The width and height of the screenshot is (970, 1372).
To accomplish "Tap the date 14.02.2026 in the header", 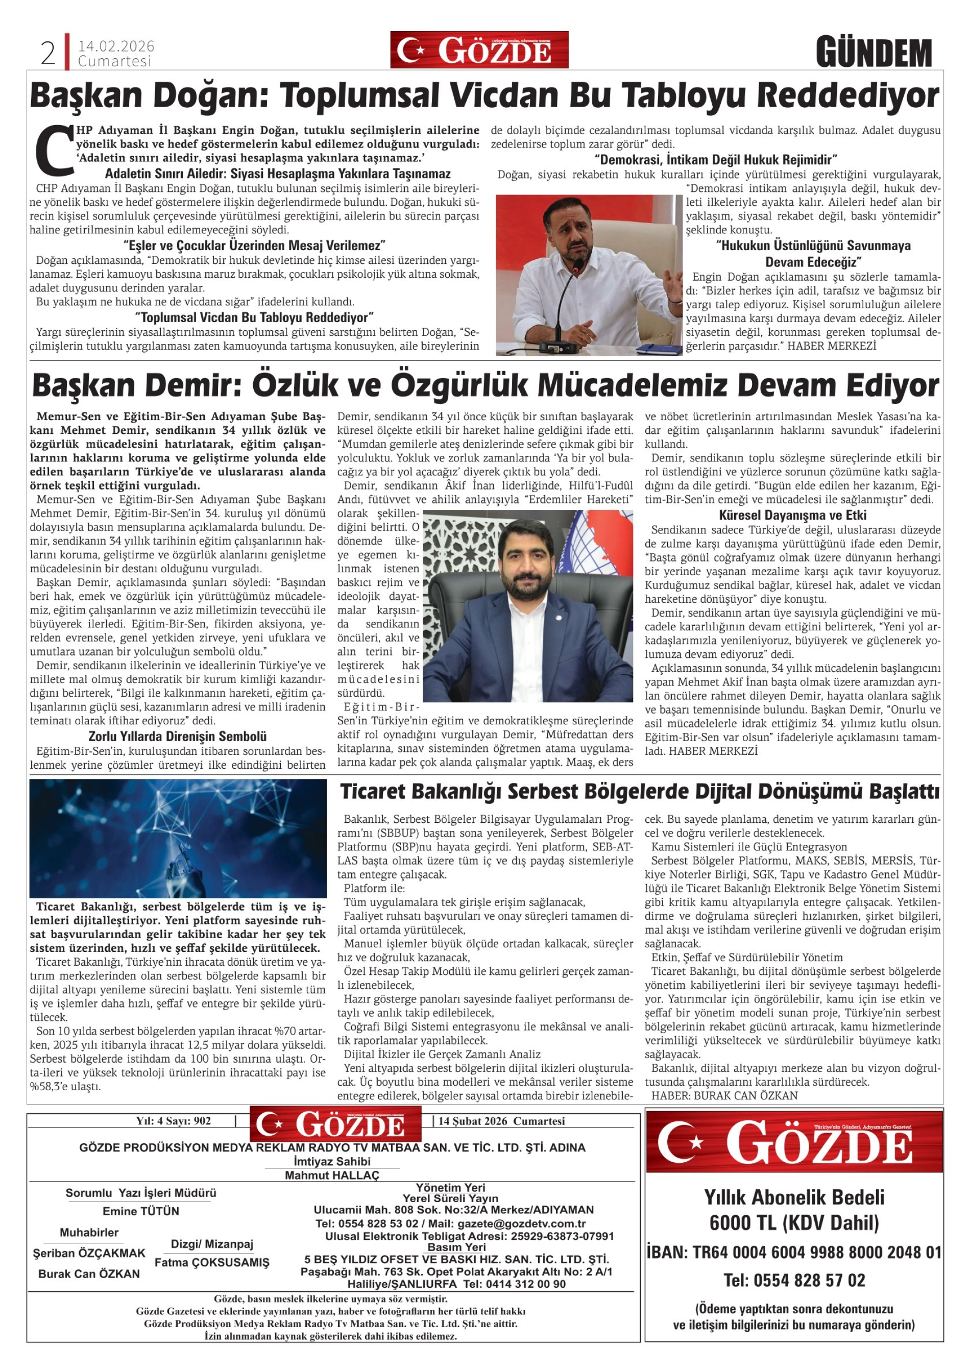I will click(116, 46).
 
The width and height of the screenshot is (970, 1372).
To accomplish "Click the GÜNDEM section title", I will click(874, 53).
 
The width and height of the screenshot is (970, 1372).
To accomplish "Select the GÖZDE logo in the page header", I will click(479, 50).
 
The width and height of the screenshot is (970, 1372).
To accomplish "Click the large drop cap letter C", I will click(53, 150).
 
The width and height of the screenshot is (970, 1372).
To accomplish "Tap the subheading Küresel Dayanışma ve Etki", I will click(792, 515).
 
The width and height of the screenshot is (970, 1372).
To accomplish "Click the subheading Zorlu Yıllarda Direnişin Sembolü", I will click(178, 736).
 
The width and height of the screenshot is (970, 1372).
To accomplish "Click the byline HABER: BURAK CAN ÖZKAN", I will click(724, 1095).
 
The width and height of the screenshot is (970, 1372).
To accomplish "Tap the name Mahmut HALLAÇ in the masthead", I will click(332, 1175).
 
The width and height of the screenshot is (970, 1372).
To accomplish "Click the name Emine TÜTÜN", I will click(141, 1211).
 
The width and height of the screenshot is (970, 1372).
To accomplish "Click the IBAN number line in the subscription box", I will click(794, 1252).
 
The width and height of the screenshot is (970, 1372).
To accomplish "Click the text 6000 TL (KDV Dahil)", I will click(794, 1223).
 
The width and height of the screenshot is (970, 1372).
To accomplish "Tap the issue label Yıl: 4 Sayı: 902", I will click(173, 1121).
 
